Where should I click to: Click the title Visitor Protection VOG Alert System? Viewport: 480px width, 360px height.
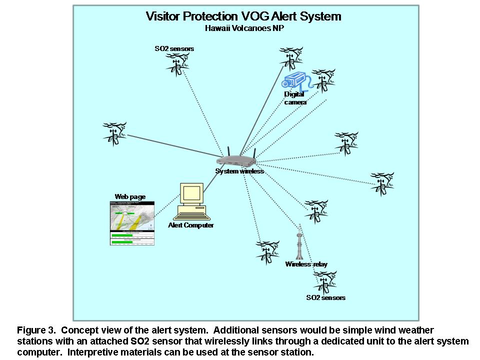pos(243,16)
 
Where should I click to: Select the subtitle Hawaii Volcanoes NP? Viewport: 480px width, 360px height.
pos(243,28)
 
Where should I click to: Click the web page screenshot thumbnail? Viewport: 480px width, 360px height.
pos(132,223)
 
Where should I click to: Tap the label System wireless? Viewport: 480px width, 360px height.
pos(239,171)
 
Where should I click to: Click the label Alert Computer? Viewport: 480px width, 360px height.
pos(191,225)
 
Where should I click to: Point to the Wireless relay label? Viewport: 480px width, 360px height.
pos(306,264)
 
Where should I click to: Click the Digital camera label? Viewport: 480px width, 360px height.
pos(294,98)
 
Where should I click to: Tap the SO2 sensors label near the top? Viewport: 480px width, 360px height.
pos(174,48)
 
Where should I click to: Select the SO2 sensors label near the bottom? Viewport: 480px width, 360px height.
pos(326,298)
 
